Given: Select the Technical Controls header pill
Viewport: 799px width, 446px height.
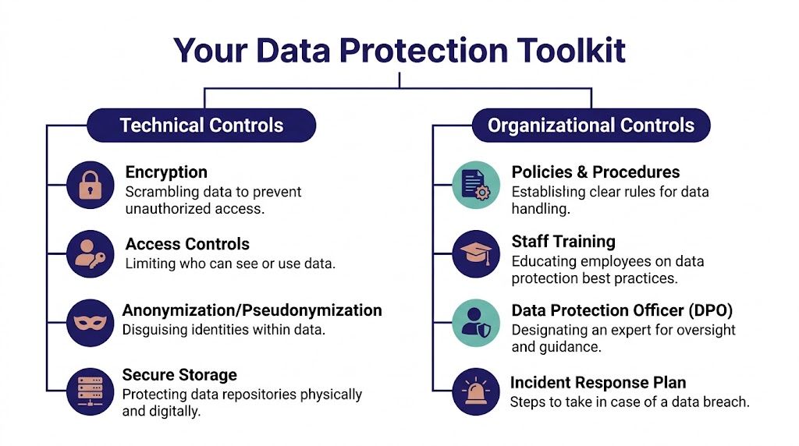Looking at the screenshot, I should [201, 126].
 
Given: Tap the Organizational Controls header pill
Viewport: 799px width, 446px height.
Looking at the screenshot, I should [591, 126].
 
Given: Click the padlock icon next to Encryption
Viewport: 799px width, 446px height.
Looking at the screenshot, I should [91, 185].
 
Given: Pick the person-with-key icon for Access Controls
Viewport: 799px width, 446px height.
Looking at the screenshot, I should [91, 254].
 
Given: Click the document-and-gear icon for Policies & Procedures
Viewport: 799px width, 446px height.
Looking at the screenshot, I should [476, 185].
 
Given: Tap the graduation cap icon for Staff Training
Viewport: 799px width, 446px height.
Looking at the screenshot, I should [476, 254].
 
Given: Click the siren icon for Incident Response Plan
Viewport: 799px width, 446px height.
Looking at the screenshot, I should [476, 391].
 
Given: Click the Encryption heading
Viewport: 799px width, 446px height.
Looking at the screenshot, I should [166, 172].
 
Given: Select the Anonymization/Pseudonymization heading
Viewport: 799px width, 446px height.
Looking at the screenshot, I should [252, 310].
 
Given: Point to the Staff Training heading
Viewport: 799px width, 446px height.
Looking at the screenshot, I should [563, 242].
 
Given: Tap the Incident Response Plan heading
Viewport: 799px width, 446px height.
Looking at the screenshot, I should [598, 382].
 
